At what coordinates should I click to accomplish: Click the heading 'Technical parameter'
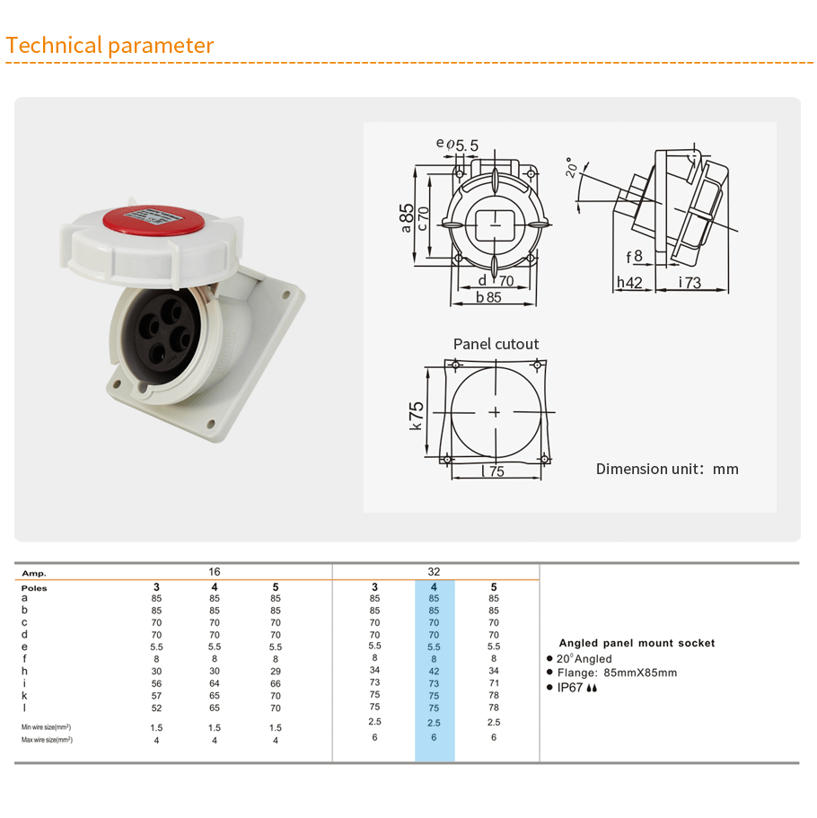point(110,46)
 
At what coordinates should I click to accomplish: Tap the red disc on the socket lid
point(153,220)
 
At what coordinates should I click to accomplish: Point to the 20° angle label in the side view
point(572,167)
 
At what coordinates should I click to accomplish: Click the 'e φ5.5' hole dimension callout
point(457,145)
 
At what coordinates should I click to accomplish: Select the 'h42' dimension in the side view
point(629,282)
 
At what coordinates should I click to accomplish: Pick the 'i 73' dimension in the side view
point(690,282)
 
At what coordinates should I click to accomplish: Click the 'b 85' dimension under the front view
point(488,297)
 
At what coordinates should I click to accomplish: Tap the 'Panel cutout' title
point(496,344)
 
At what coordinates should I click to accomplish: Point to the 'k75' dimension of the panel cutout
point(416,415)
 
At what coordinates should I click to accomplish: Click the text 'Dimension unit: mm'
point(667,469)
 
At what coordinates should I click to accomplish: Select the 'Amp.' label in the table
point(34,574)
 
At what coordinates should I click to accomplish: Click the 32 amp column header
point(434,572)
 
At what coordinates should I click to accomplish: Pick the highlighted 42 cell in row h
point(434,672)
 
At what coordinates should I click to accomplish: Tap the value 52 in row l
point(156,708)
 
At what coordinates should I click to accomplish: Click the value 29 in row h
point(276,672)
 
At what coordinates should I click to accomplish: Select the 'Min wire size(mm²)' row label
point(46,727)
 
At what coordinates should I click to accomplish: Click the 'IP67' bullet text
point(570,688)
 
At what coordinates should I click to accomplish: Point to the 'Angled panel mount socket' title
point(637,643)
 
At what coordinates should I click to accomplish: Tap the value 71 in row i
point(494,683)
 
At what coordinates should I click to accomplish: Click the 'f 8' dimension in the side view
point(635,257)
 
